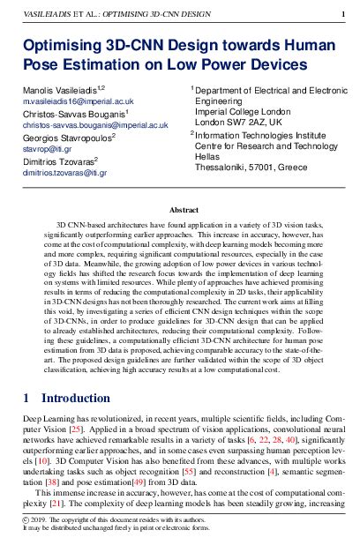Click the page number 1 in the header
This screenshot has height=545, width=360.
coord(341,15)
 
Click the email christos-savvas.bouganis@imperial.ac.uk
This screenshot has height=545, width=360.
coord(94,126)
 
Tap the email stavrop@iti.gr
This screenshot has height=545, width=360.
coord(45,150)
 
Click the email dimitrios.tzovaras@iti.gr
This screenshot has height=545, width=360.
coord(64,174)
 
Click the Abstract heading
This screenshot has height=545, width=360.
coord(179,211)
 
